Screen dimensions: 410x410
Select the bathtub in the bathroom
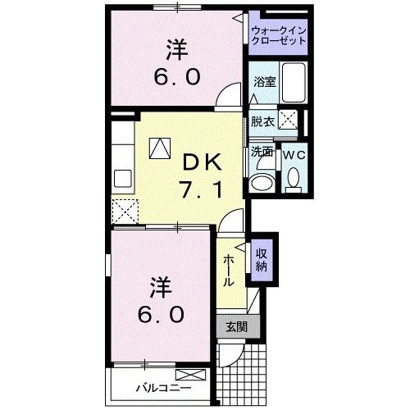pyautogui.click(x=291, y=81)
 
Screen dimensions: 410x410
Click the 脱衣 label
pyautogui.click(x=262, y=121)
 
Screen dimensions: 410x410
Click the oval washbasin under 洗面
pyautogui.click(x=263, y=181)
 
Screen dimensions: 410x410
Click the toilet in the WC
pyautogui.click(x=294, y=180)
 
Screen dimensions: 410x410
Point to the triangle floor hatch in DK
pyautogui.click(x=158, y=147)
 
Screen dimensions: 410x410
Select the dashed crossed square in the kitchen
pyautogui.click(x=125, y=212)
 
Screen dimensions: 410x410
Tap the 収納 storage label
pyautogui.click(x=262, y=258)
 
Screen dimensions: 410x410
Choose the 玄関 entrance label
pyautogui.click(x=236, y=326)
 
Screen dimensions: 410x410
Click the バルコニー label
pyautogui.click(x=162, y=386)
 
